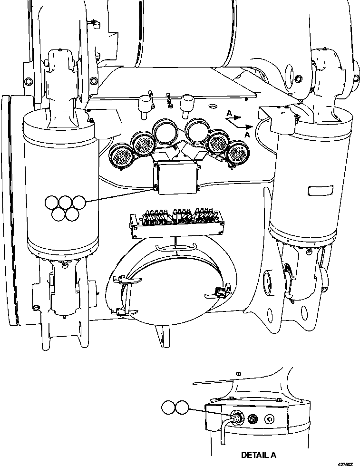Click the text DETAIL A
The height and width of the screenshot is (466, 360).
259,455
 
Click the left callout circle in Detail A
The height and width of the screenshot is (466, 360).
169,408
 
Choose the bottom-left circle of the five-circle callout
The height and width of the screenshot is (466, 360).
58,215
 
